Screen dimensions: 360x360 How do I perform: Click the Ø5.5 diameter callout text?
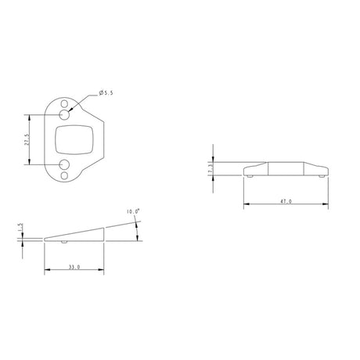[106, 93]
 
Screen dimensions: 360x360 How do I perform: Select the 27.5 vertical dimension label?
[27, 139]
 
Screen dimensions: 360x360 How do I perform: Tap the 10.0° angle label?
[133, 211]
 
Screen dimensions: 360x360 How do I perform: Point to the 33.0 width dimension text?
[74, 267]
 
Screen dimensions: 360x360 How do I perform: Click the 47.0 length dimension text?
[286, 201]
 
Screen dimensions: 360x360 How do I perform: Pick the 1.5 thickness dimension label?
[21, 227]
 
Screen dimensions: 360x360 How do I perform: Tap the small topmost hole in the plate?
[64, 104]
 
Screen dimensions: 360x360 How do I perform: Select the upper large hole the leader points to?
[64, 114]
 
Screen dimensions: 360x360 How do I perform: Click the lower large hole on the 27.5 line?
[64, 164]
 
